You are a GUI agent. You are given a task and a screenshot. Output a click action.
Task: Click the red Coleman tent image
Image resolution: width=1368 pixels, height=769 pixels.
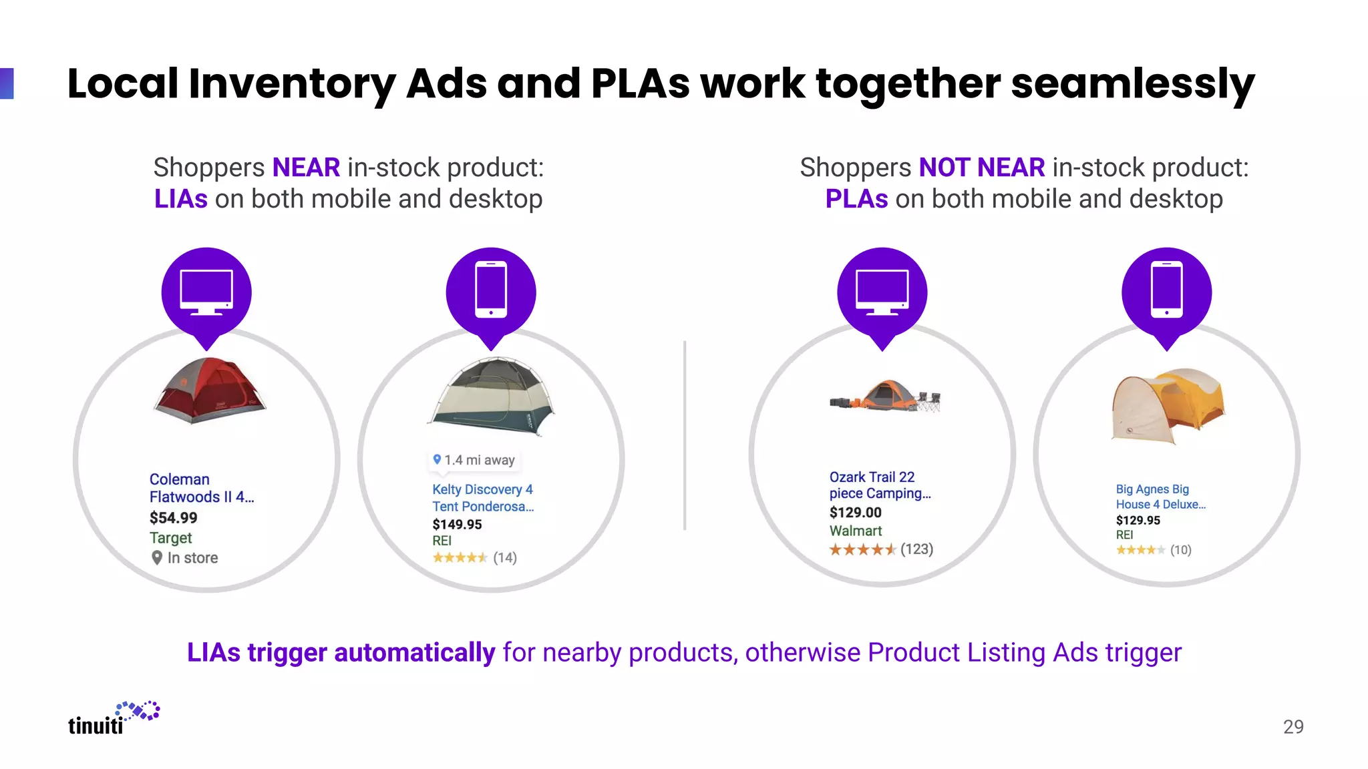click(210, 391)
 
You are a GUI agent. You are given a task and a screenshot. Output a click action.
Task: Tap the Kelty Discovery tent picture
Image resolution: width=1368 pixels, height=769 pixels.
click(493, 397)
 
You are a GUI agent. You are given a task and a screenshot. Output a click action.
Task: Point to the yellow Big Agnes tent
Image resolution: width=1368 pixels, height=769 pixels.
click(1168, 406)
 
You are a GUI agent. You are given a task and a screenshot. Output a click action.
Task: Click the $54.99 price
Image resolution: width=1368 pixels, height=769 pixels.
click(174, 518)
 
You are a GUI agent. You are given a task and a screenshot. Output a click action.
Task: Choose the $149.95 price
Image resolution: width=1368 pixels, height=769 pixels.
click(457, 525)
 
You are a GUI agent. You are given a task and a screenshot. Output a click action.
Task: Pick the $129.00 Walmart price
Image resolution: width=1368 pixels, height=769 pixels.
click(856, 513)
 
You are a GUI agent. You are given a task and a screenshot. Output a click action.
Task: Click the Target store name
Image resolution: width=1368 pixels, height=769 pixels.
click(171, 538)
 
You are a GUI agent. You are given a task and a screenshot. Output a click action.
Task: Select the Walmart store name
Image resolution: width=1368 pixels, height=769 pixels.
click(856, 531)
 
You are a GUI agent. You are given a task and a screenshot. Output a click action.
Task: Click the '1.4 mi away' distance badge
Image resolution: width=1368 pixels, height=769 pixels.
click(474, 460)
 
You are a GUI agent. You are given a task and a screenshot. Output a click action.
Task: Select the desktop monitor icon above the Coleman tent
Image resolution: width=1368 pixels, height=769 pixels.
click(206, 292)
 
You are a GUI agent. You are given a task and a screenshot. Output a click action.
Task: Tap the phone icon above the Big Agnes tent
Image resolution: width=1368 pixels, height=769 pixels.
click(1167, 290)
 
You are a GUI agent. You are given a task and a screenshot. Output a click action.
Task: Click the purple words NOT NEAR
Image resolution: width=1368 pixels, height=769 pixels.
click(982, 168)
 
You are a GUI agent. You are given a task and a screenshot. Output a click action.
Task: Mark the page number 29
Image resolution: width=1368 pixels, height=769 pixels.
click(1293, 726)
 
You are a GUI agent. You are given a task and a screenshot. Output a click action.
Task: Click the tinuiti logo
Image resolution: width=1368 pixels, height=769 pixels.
click(114, 719)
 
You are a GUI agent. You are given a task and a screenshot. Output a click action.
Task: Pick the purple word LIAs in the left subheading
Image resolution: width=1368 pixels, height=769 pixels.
click(181, 199)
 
